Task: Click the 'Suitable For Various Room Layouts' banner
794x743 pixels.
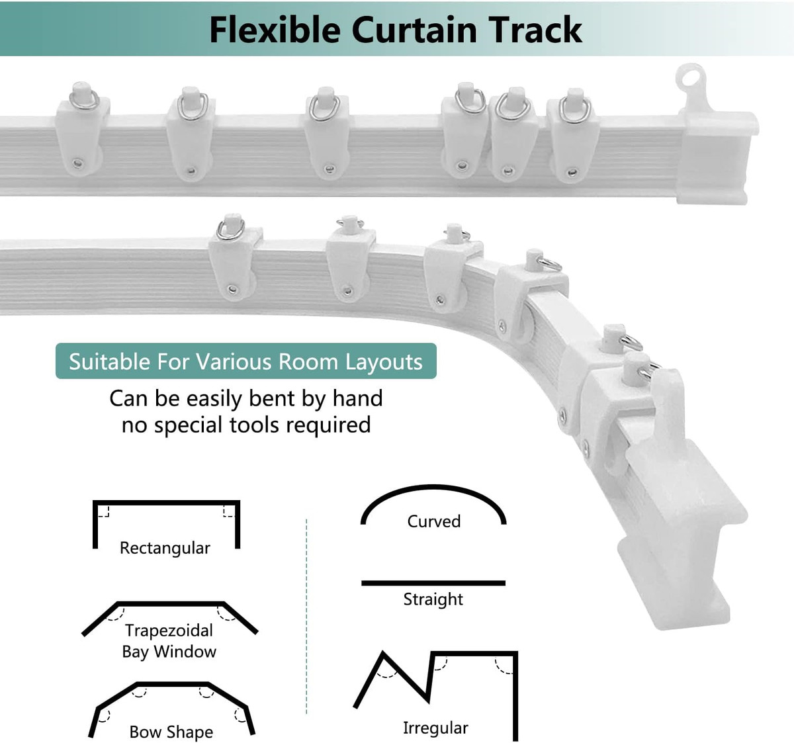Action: tap(245, 361)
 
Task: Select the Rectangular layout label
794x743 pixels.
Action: tap(165, 548)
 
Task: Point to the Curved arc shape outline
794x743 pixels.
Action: tap(433, 493)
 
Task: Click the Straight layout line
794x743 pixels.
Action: tap(433, 583)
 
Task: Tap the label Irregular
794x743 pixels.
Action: tap(435, 728)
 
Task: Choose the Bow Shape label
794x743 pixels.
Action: tap(171, 732)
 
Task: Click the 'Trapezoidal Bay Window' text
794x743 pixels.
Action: tap(169, 640)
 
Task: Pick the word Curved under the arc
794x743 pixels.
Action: tap(434, 521)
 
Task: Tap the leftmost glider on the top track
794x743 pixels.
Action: tap(81, 132)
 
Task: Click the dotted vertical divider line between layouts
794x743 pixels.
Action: tap(306, 615)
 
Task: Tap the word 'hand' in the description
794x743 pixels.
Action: tap(357, 398)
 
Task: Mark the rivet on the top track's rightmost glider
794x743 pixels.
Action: tap(571, 173)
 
